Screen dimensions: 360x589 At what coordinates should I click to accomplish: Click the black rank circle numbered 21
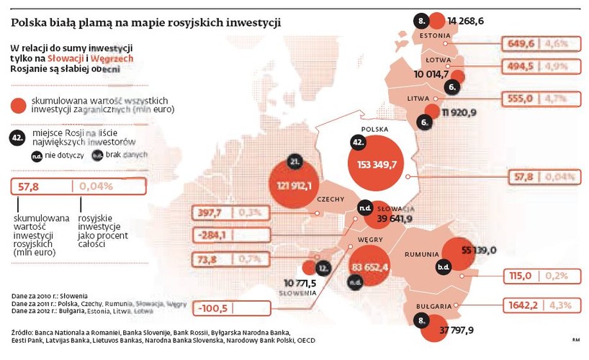(293, 163)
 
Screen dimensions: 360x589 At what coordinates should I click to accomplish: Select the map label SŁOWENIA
(298, 294)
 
